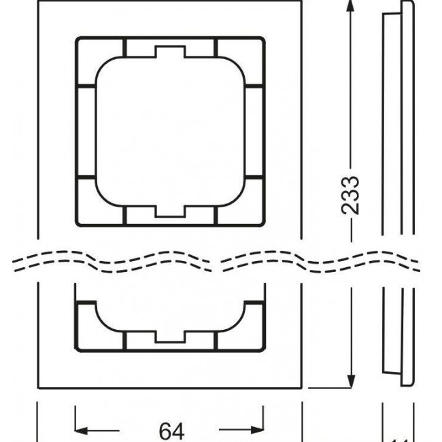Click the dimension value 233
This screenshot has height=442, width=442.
coord(350,195)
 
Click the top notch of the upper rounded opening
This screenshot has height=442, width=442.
coord(169,52)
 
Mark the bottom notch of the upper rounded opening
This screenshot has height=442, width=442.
coord(169,211)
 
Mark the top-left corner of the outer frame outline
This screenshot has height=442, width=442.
coord(37,2)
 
